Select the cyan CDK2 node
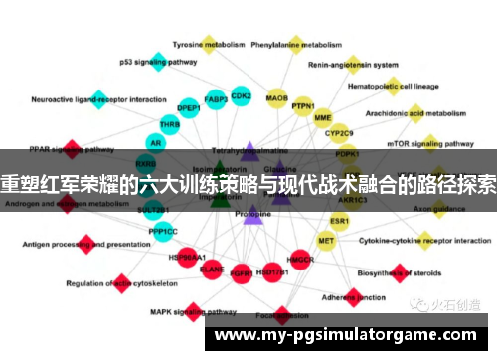click(x=241, y=97)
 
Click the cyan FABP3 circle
click(x=216, y=100)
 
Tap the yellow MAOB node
click(x=277, y=100)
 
